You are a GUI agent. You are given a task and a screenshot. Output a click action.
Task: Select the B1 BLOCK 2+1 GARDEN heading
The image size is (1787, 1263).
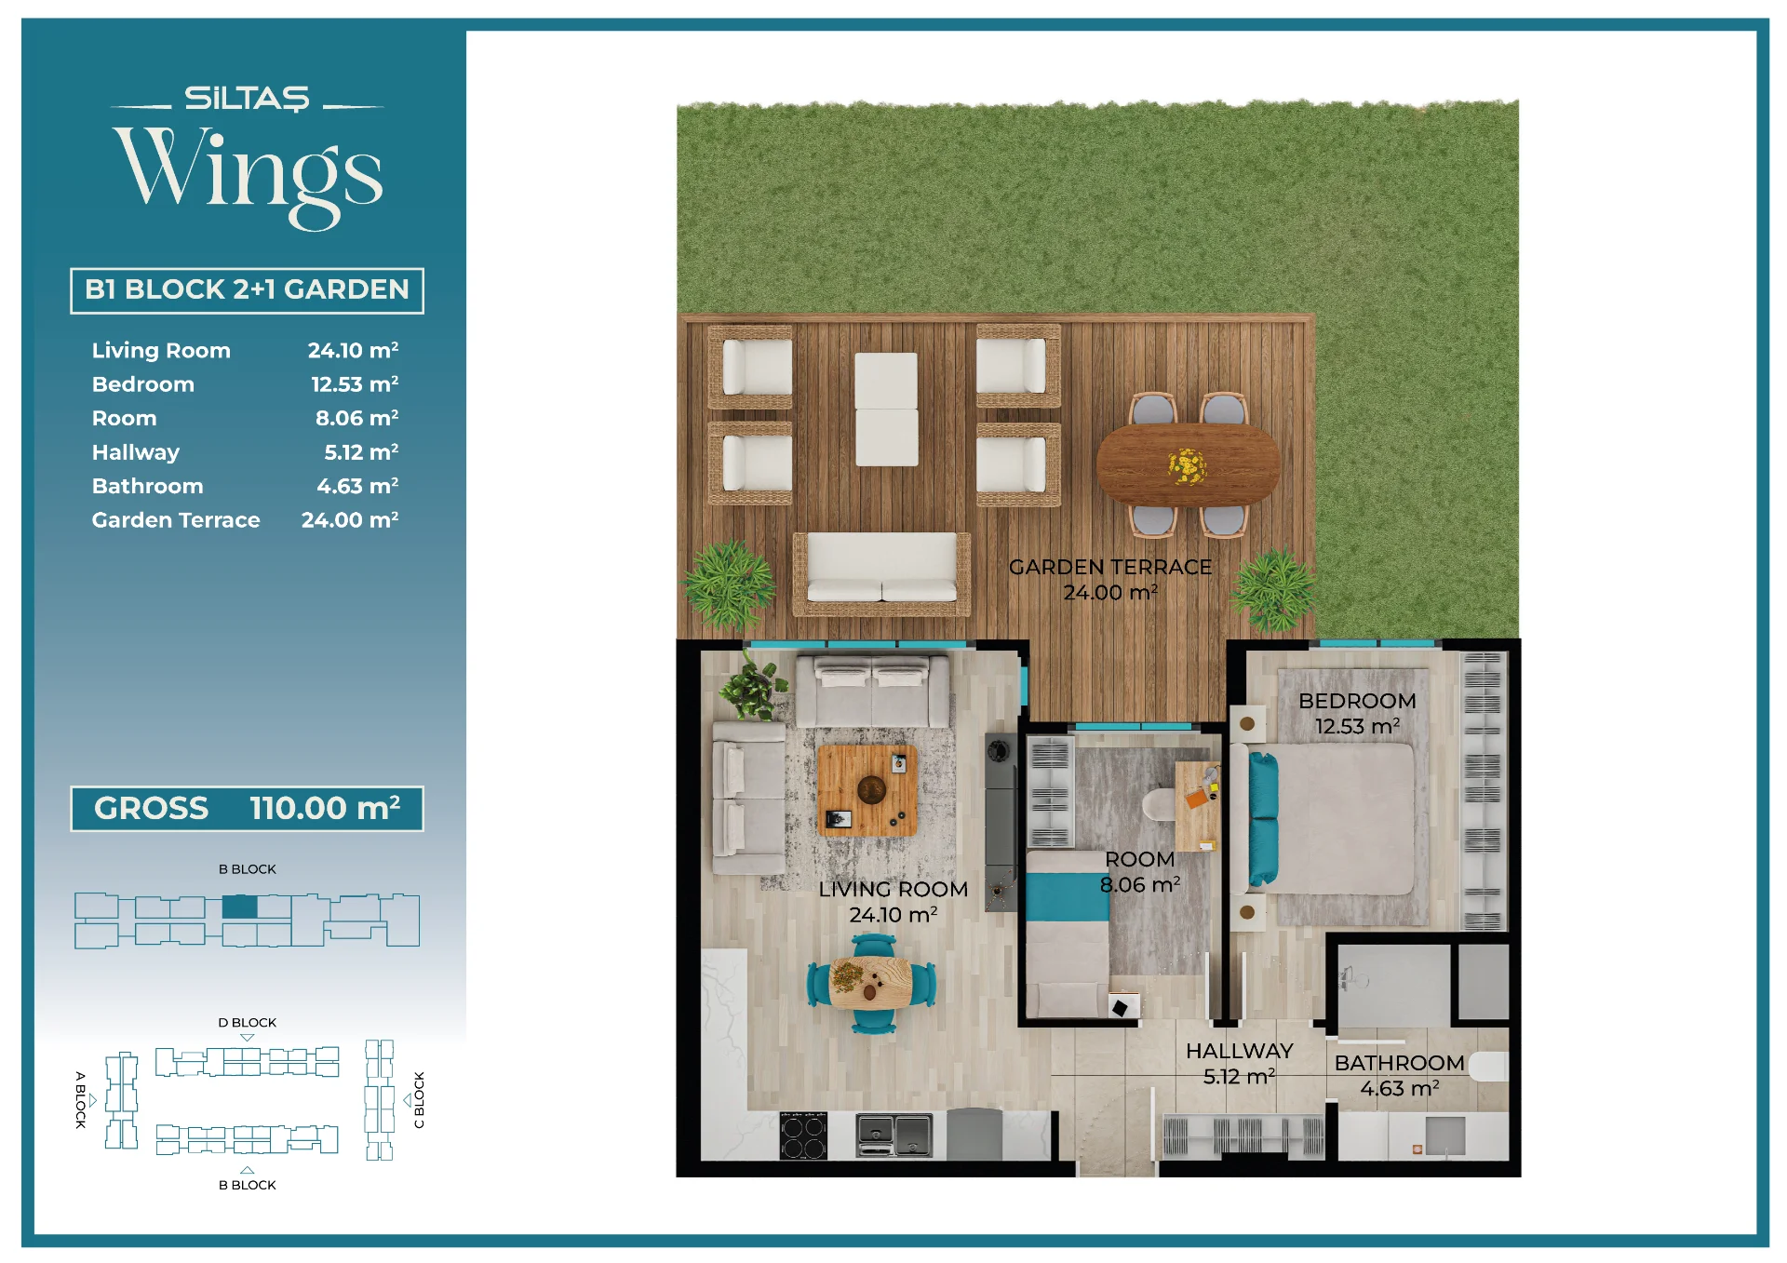coord(247,290)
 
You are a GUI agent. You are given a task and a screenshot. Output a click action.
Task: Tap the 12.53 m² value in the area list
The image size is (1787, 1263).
coord(355,384)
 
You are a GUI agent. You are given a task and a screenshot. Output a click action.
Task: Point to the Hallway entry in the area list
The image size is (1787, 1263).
coord(136,452)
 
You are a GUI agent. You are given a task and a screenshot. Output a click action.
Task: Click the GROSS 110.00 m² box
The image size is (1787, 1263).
coord(247,808)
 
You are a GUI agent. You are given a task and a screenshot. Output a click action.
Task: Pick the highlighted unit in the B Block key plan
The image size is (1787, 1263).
coord(239,907)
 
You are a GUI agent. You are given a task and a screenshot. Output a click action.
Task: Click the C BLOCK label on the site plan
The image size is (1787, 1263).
coord(419,1100)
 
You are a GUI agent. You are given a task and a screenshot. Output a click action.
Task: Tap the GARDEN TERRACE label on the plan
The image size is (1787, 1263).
coord(1110,567)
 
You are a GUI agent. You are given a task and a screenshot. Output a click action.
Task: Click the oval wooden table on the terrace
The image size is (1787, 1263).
coord(1188,464)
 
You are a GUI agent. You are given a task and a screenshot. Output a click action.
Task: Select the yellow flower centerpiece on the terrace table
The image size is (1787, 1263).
coord(1187,465)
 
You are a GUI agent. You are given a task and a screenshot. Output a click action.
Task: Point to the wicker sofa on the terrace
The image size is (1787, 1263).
coord(881,573)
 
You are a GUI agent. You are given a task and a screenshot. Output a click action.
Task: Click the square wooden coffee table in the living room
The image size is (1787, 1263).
coord(867,790)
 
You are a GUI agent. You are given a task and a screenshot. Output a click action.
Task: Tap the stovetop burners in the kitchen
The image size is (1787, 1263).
coord(803,1135)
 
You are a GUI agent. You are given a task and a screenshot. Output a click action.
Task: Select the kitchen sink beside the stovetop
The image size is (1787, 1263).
coord(893,1135)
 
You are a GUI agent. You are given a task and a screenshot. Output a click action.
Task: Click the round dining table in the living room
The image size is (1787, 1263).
coord(871,984)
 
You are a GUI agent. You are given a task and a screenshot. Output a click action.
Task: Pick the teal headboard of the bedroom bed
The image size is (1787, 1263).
coord(1262,819)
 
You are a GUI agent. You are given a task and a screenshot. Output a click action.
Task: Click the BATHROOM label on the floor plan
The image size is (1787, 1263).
coord(1399,1063)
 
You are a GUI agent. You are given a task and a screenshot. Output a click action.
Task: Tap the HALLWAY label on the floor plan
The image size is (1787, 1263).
coord(1239,1051)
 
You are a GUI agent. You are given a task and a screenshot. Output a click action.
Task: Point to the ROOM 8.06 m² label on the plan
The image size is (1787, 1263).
coord(1140,872)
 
